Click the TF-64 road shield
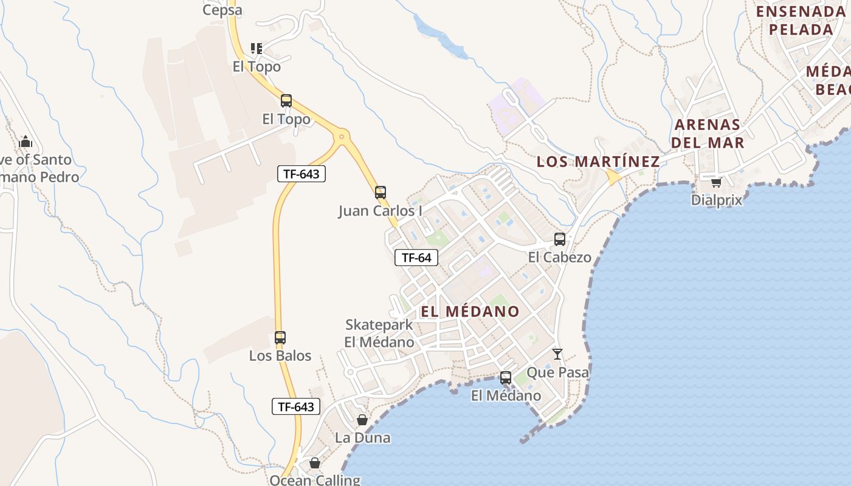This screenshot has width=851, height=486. (x=416, y=258)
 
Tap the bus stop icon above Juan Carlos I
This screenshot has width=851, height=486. (x=381, y=193)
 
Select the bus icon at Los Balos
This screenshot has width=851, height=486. (x=280, y=338)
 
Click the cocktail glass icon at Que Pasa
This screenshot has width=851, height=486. (x=557, y=354)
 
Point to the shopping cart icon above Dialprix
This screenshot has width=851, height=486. (x=717, y=182)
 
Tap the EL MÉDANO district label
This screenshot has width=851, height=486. (x=470, y=312)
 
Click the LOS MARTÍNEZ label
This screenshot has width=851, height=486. (x=598, y=162)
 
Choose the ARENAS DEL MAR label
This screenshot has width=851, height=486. (x=709, y=134)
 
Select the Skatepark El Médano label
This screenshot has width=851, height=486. (x=379, y=333)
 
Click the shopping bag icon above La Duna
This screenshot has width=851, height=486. (x=362, y=420)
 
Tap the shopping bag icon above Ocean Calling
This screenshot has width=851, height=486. (x=315, y=463)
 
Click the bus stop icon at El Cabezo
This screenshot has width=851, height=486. (x=560, y=239)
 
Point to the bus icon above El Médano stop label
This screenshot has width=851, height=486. (x=506, y=378)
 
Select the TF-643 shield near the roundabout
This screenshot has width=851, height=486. (x=301, y=174)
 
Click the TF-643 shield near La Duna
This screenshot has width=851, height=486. (x=295, y=407)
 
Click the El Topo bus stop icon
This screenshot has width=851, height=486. (x=286, y=101)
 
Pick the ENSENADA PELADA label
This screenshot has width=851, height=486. (x=801, y=20)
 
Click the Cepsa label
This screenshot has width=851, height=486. (x=222, y=10)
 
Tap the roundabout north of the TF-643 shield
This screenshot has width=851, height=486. (x=342, y=137)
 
